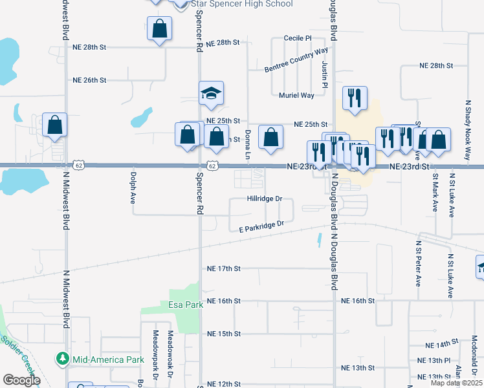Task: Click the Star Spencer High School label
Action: [237, 4]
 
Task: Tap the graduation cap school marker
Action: [211, 94]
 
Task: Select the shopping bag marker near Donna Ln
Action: [270, 137]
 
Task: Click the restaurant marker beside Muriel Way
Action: [354, 98]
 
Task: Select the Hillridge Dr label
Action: [265, 199]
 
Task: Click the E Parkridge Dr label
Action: [261, 226]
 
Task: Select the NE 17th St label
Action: [223, 268]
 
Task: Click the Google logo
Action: [21, 380]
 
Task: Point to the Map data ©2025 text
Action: [456, 383]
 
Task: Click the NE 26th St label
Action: [89, 80]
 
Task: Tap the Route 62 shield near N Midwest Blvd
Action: [78, 165]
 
